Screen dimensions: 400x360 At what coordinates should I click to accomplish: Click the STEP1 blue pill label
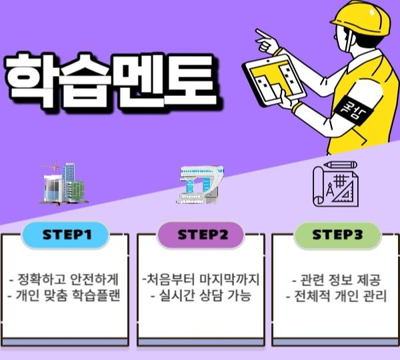66,235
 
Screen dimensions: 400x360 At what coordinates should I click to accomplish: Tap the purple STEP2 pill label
201,235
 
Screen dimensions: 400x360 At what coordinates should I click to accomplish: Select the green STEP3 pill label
337,235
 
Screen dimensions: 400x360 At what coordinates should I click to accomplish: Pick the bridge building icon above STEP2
199,183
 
